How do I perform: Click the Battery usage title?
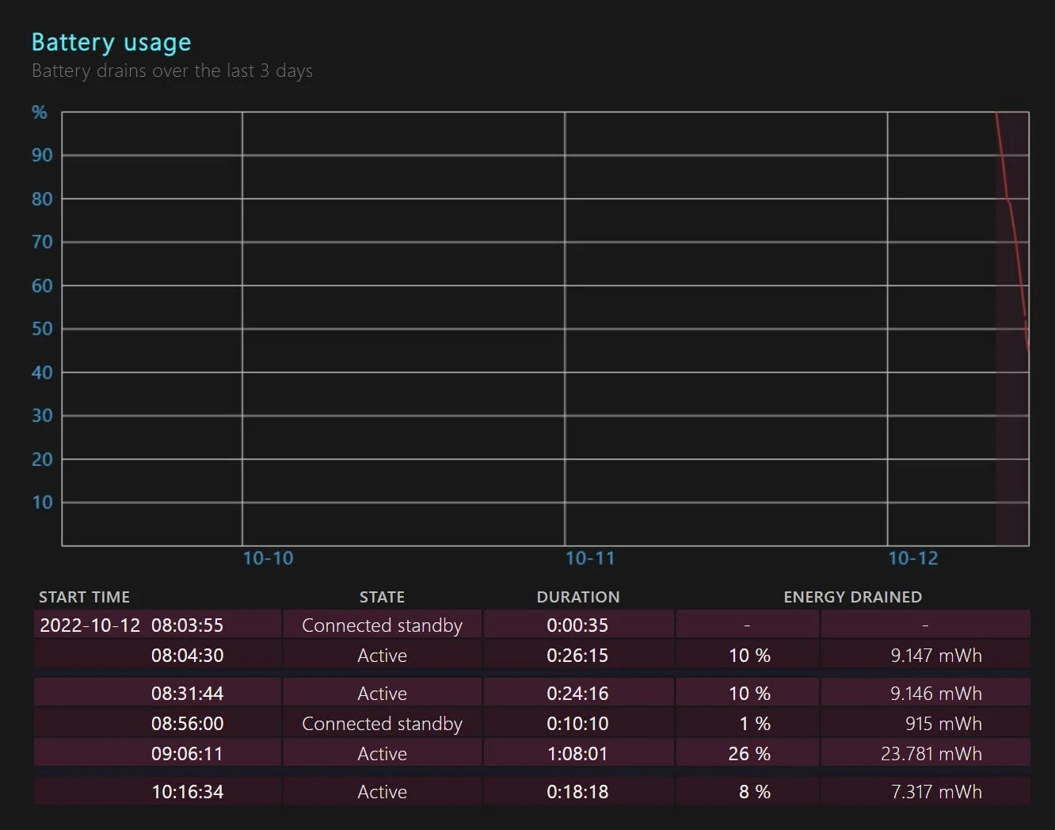(x=111, y=42)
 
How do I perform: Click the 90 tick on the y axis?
(x=42, y=155)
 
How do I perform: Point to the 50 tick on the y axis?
(x=42, y=329)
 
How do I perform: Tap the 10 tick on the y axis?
(x=42, y=503)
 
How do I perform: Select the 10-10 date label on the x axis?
(x=268, y=559)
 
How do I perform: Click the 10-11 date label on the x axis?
(x=590, y=559)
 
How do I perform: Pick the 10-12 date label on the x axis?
(x=912, y=559)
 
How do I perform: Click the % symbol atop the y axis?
(x=40, y=113)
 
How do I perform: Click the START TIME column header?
(x=84, y=597)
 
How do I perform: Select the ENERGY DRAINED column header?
(x=852, y=597)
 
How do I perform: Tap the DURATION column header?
(x=578, y=597)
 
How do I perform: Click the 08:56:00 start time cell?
(x=187, y=724)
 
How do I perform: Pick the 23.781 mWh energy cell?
(x=931, y=754)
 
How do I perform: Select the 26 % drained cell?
(x=748, y=754)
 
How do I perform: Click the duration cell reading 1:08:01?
(x=577, y=754)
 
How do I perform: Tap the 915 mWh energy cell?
(x=943, y=724)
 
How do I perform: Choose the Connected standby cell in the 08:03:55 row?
(x=382, y=625)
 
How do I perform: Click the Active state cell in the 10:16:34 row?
(x=382, y=792)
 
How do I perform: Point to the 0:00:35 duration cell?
(x=577, y=625)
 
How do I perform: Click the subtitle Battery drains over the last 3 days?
(x=172, y=71)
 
